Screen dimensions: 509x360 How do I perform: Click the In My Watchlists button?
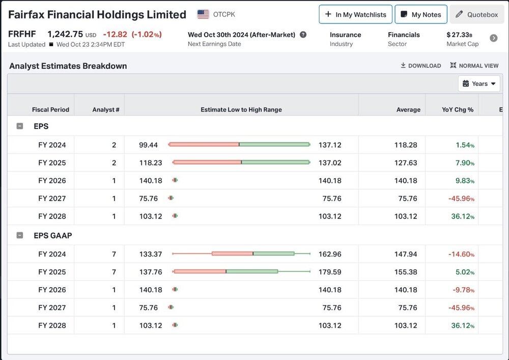355,14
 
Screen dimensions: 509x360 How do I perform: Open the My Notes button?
421,14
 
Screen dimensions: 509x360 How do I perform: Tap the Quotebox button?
476,14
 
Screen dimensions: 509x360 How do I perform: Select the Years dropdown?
479,84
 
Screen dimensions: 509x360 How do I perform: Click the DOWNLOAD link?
421,66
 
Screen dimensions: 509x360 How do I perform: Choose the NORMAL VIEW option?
474,66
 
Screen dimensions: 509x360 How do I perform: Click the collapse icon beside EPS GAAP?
20,235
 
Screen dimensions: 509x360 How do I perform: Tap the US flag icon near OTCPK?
203,14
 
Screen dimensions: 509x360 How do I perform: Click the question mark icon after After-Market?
303,35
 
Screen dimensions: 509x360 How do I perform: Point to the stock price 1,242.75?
65,34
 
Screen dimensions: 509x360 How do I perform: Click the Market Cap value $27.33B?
459,35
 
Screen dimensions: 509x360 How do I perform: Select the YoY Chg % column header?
458,109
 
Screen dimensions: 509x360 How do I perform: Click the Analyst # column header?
106,109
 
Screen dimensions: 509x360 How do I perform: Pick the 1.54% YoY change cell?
465,145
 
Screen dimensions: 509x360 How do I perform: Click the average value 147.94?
406,254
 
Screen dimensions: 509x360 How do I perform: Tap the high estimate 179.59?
330,272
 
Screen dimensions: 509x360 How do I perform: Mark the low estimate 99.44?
148,145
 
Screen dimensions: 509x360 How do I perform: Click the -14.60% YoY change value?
461,254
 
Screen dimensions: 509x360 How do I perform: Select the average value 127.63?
406,163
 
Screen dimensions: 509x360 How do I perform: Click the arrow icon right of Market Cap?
493,38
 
